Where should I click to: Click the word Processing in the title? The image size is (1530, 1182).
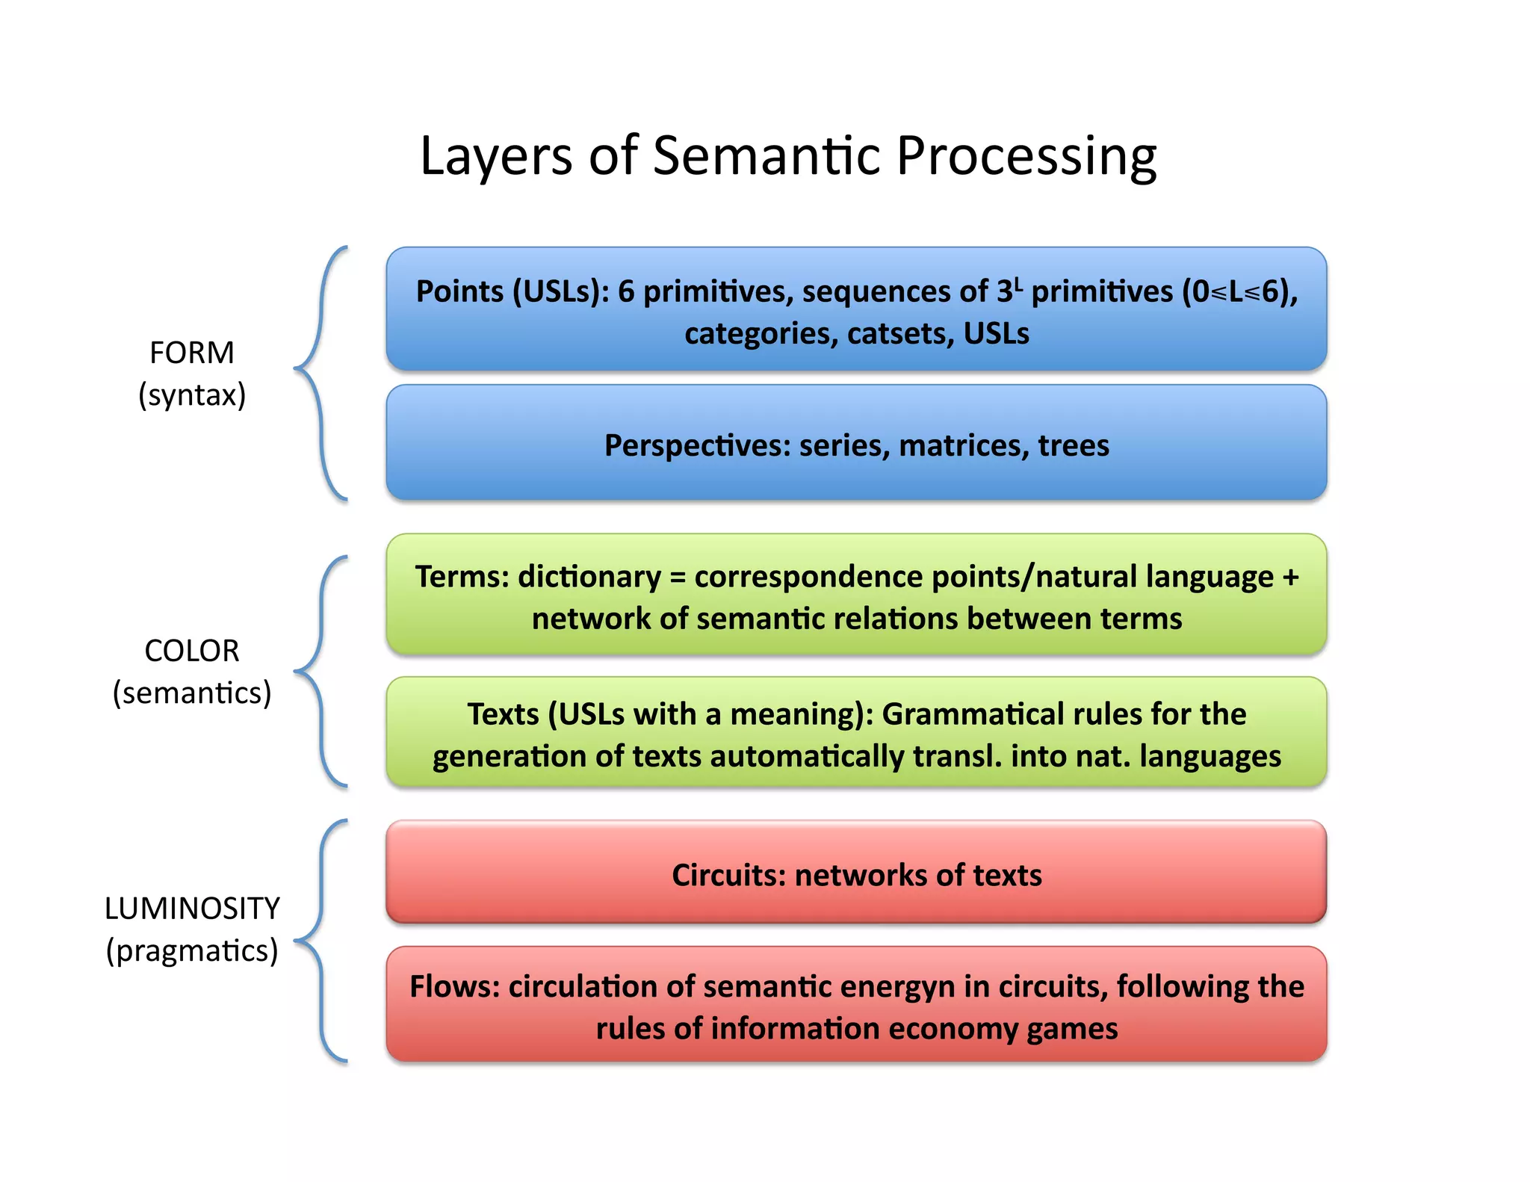tap(1026, 157)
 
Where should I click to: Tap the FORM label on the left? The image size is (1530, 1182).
tap(192, 353)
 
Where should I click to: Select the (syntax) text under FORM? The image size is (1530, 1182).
tap(192, 394)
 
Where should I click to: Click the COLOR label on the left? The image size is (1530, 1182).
tap(192, 651)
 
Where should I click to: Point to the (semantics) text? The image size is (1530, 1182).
tap(192, 693)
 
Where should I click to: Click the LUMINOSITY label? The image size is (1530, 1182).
tap(192, 909)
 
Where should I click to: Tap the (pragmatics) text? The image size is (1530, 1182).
tap(192, 950)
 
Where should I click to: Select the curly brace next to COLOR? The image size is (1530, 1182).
tap(320, 671)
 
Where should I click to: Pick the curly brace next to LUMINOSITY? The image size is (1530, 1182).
tap(320, 940)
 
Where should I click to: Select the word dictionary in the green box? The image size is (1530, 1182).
tap(589, 577)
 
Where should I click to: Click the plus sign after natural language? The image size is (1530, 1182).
tap(1290, 577)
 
